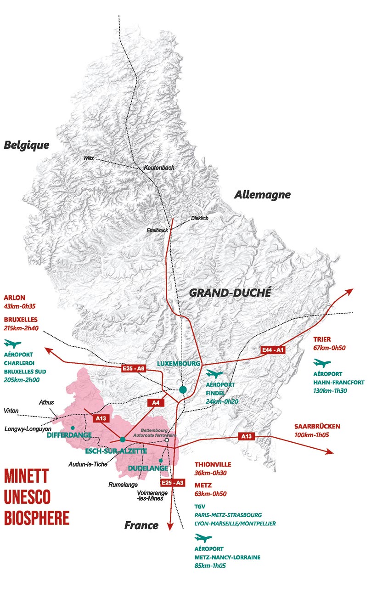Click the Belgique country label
coord(26,145)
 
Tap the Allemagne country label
coord(262,195)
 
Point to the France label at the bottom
coord(141,525)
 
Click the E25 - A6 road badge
coord(134,368)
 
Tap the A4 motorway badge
coord(155,402)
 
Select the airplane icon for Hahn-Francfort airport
coord(322,363)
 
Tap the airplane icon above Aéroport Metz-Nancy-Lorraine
coord(203,538)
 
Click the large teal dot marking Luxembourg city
coord(183,390)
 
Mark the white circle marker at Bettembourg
coord(167,440)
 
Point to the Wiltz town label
coord(89,158)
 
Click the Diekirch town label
coord(200,218)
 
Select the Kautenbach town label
coord(159,168)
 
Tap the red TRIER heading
coord(322,339)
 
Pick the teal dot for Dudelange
coord(160,460)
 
